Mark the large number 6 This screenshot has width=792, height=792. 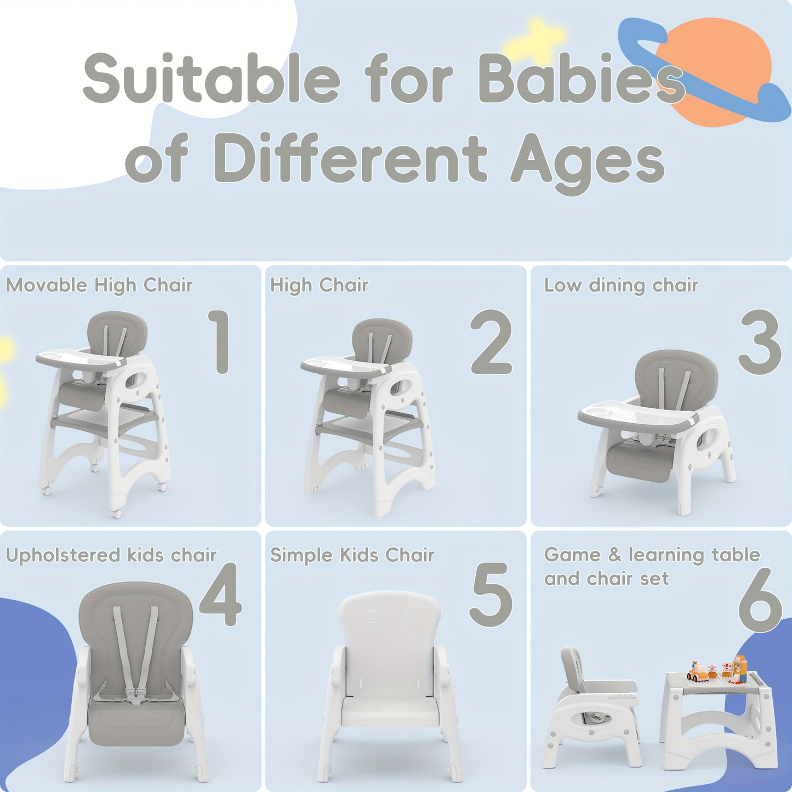click(x=759, y=600)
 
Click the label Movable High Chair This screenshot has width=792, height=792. click(x=99, y=286)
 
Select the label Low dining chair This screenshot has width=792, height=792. click(x=621, y=286)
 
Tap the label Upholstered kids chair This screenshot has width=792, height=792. click(x=111, y=555)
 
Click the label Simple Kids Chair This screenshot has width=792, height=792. click(x=352, y=555)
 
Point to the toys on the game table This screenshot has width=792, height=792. click(x=718, y=671)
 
